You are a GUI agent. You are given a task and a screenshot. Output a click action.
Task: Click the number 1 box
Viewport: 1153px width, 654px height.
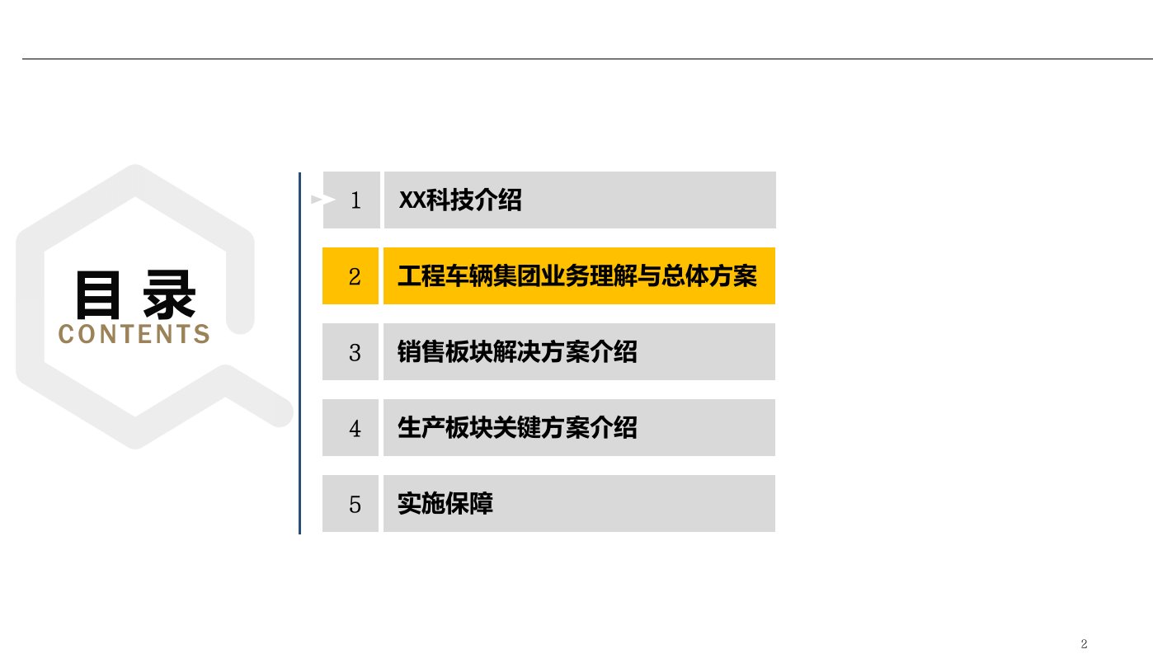352,200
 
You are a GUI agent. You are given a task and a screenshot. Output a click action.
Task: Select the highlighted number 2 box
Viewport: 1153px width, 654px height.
351,276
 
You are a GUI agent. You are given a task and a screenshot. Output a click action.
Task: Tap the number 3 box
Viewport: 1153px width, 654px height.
351,352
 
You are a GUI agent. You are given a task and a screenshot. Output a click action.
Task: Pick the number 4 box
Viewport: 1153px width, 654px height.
351,428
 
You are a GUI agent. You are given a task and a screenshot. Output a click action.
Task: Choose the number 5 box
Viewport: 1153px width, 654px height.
351,504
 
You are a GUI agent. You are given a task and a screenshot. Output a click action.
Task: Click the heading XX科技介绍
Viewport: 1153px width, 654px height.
460,200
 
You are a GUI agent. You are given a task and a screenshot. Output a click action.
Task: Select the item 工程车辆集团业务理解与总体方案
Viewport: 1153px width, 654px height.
577,276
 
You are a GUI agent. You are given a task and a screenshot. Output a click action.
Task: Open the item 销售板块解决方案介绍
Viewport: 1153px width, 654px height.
517,352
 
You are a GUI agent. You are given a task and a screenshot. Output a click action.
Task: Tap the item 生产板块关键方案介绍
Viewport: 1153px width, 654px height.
517,428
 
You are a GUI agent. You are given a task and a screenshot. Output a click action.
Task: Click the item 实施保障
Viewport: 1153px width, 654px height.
445,504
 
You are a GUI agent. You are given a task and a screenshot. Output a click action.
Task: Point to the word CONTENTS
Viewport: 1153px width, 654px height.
134,334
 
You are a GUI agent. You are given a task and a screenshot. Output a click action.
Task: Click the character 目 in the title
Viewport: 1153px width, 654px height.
98,294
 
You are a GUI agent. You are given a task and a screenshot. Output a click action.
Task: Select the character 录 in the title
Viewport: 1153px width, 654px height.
170,294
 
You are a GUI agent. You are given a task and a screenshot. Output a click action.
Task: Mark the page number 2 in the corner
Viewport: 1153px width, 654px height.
1085,643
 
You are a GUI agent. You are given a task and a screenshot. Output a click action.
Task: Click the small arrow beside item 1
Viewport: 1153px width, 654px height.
318,200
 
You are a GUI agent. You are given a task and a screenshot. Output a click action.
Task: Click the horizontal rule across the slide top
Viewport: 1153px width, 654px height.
576,59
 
